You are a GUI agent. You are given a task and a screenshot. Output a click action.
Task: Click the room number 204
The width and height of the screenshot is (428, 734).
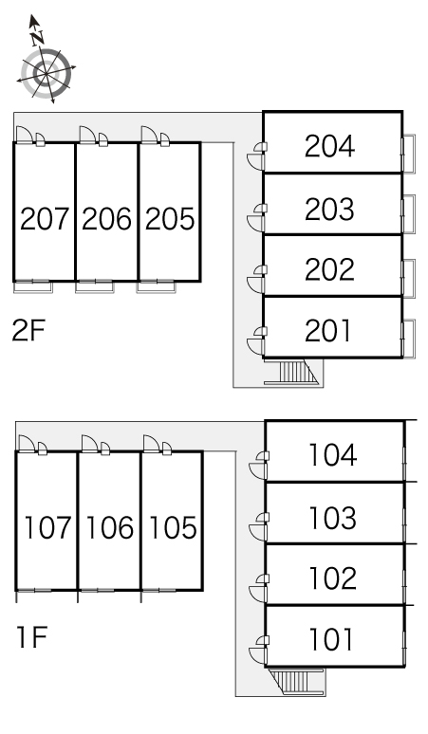329,146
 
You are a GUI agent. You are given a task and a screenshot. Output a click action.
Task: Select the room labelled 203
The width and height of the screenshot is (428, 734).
329,209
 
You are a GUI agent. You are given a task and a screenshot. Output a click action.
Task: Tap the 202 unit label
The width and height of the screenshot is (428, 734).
329,269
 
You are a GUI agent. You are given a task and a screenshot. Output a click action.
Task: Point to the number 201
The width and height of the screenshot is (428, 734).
327,330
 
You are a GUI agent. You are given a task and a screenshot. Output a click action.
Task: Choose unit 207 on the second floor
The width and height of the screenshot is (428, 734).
45,219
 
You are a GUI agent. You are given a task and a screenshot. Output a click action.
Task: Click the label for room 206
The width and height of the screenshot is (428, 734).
107,219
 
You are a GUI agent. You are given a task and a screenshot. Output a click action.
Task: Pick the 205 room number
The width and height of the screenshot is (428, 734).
170,219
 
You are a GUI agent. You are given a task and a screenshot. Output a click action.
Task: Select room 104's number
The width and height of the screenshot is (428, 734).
332,455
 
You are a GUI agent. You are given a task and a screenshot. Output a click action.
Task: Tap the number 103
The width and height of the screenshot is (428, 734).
332,518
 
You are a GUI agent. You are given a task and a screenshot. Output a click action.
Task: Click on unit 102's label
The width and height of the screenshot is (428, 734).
332,578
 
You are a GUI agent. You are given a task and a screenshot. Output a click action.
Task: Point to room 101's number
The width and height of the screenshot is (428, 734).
330,639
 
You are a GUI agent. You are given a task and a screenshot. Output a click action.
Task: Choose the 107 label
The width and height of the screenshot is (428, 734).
47,527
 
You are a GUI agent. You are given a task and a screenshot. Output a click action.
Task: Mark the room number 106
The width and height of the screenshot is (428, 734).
109,527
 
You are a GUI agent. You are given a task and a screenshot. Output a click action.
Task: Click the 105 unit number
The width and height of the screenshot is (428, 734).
173,527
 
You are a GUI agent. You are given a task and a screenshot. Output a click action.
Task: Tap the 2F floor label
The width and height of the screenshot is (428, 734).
28,331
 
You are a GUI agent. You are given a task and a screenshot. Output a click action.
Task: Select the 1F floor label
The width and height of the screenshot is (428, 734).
31,637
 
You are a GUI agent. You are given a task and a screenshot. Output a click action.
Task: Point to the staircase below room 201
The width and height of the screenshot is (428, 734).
292,372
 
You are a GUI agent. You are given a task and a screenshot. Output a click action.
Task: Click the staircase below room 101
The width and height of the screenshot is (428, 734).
296,680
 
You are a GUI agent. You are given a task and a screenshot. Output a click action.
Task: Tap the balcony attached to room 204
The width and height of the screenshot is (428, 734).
408,154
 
